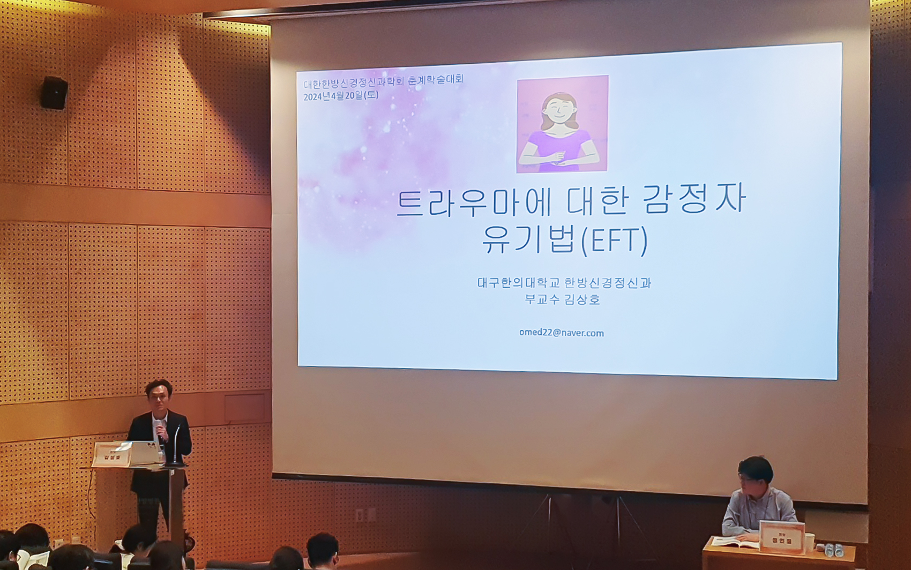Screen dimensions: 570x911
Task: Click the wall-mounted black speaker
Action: (54, 93)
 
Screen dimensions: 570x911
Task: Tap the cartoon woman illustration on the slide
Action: (562, 124)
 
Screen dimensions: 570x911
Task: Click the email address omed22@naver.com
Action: (561, 333)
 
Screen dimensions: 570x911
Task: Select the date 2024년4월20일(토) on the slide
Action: (341, 96)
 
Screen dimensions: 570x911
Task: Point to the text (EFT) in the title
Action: (615, 241)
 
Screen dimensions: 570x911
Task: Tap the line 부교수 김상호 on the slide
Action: (562, 299)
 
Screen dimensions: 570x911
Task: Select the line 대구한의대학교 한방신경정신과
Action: (564, 283)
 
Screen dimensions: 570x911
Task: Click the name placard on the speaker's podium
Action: (111, 455)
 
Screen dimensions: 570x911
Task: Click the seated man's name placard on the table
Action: (782, 537)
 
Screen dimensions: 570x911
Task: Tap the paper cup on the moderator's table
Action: (809, 542)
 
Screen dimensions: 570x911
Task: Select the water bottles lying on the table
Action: (835, 550)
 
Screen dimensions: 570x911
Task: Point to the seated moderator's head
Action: (755, 474)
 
